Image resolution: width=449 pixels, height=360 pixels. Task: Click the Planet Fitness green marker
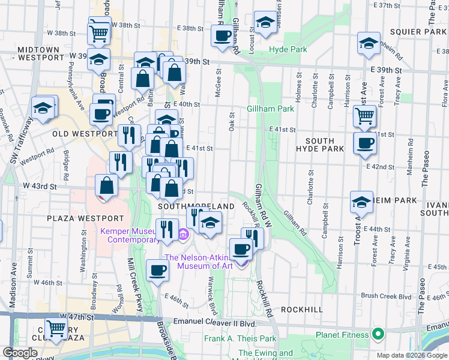click(378, 334)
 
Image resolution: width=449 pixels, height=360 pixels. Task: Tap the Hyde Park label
click(288, 49)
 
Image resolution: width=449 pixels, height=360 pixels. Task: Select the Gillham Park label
click(270, 109)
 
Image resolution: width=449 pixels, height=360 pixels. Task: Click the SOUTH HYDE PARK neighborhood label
click(320, 148)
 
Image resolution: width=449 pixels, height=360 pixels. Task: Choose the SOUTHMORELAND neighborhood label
click(196, 206)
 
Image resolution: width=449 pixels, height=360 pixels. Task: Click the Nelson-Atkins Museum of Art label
click(206, 262)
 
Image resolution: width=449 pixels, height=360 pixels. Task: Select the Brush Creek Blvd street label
click(386, 296)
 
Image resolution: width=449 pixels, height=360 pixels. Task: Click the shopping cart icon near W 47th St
click(56, 328)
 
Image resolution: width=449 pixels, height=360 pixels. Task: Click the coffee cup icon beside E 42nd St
click(365, 143)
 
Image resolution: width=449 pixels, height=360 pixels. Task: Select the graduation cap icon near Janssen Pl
click(264, 22)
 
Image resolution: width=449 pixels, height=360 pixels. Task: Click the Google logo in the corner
click(20, 353)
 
